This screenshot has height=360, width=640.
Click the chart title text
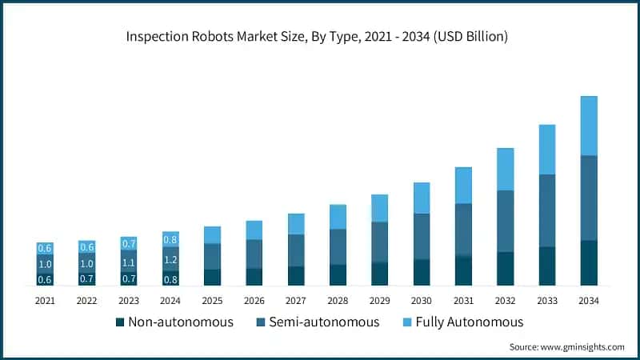tap(320, 36)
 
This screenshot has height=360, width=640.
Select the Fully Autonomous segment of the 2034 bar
tap(589, 126)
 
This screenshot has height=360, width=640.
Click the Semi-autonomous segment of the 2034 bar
tap(589, 198)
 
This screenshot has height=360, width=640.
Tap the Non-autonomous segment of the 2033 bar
tap(547, 266)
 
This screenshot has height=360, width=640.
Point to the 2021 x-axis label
tap(45, 300)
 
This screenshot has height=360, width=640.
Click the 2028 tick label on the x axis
tap(338, 300)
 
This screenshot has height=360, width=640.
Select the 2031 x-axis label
tap(463, 300)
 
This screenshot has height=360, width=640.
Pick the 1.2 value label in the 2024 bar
tap(170, 259)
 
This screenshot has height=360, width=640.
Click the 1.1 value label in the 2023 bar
tap(129, 262)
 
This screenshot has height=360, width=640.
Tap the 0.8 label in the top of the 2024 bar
tap(170, 239)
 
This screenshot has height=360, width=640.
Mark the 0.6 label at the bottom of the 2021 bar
tap(45, 279)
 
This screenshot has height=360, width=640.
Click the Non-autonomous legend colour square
tap(120, 322)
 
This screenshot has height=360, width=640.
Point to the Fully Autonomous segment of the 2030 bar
tap(422, 198)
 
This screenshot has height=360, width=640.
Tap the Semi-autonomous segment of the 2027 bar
tap(296, 250)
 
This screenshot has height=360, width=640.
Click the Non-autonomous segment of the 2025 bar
tap(212, 277)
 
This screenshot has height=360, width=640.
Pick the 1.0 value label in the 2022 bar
tap(86, 263)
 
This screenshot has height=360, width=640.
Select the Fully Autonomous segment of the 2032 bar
tap(505, 169)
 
